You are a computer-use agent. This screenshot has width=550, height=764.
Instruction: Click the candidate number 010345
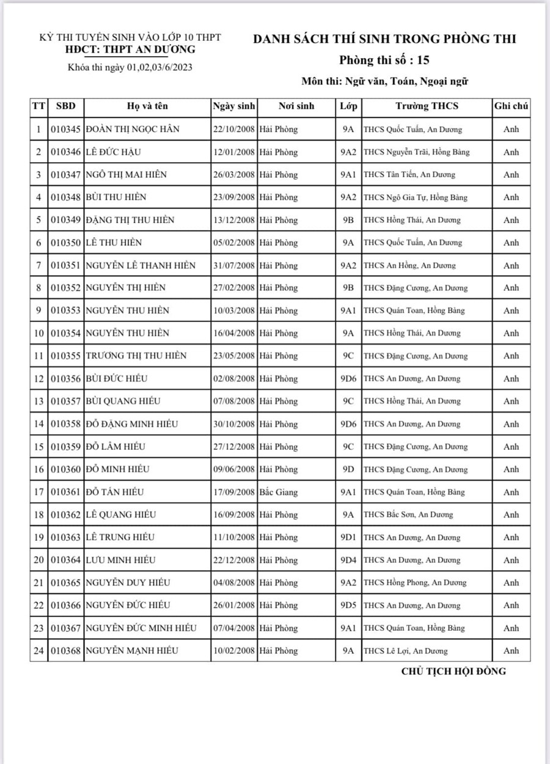(65, 130)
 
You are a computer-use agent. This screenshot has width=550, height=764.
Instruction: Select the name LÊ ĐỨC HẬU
(117, 152)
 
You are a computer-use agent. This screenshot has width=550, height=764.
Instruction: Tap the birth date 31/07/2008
(234, 265)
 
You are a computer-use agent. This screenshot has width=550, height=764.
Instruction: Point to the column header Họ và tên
(147, 106)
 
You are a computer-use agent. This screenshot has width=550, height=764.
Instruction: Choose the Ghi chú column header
(511, 106)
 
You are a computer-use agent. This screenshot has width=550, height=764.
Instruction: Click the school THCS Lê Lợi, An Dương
(405, 651)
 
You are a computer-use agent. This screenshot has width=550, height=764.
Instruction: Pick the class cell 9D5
(348, 605)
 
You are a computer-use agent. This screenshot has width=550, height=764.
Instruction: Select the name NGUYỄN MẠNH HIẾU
(133, 650)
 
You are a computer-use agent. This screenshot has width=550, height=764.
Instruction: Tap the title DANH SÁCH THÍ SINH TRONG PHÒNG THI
(385, 39)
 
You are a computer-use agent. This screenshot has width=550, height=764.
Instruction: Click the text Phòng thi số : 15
(385, 60)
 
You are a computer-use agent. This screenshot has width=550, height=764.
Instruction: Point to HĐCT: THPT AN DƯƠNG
(131, 50)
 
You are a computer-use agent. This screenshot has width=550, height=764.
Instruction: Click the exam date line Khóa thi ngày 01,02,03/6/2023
(130, 67)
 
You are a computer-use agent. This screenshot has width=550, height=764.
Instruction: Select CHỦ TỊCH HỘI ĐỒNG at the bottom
(453, 671)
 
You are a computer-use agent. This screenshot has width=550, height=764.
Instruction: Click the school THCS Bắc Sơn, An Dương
(408, 515)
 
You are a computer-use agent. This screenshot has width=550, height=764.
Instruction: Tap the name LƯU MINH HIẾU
(121, 560)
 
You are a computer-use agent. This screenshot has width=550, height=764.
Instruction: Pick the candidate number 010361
(65, 492)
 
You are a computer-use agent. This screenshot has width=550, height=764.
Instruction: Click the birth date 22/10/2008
(234, 130)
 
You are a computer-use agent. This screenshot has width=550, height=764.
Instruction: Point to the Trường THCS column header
(427, 106)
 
